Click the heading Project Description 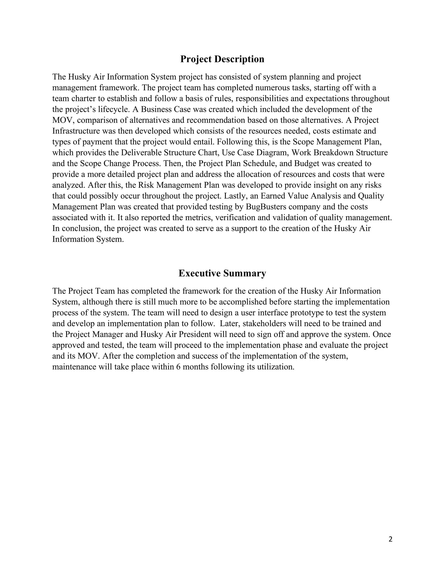click(x=222, y=59)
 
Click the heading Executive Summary click(x=222, y=273)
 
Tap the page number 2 click(x=390, y=539)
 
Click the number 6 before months click(x=178, y=367)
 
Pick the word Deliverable click(x=141, y=153)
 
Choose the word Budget click(x=307, y=163)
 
